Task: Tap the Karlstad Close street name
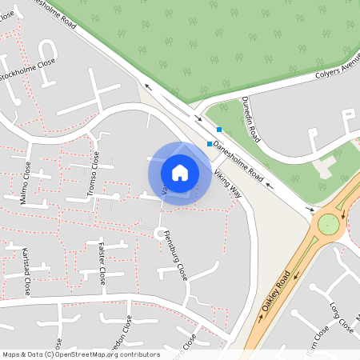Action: [26, 273]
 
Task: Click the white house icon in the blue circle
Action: [180, 172]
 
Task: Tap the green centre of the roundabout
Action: [328, 224]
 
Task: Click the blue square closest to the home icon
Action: [210, 144]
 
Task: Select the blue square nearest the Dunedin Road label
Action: [218, 130]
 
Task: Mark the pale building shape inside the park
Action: [326, 166]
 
